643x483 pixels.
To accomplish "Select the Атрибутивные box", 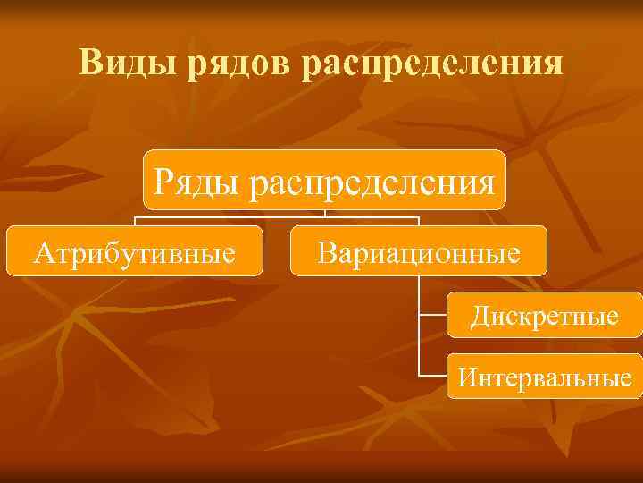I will click(135, 251).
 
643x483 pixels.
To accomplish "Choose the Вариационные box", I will click(419, 251).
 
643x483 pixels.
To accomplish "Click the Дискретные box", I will click(544, 315).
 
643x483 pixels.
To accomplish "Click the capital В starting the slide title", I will click(90, 63).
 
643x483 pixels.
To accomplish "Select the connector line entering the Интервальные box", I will click(432, 375).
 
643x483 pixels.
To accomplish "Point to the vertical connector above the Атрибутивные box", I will click(135, 221).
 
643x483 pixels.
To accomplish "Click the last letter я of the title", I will click(555, 64).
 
